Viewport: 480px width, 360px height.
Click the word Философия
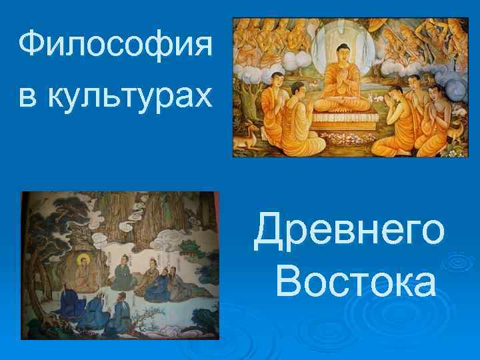(115, 47)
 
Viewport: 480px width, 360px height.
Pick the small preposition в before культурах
(28, 97)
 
